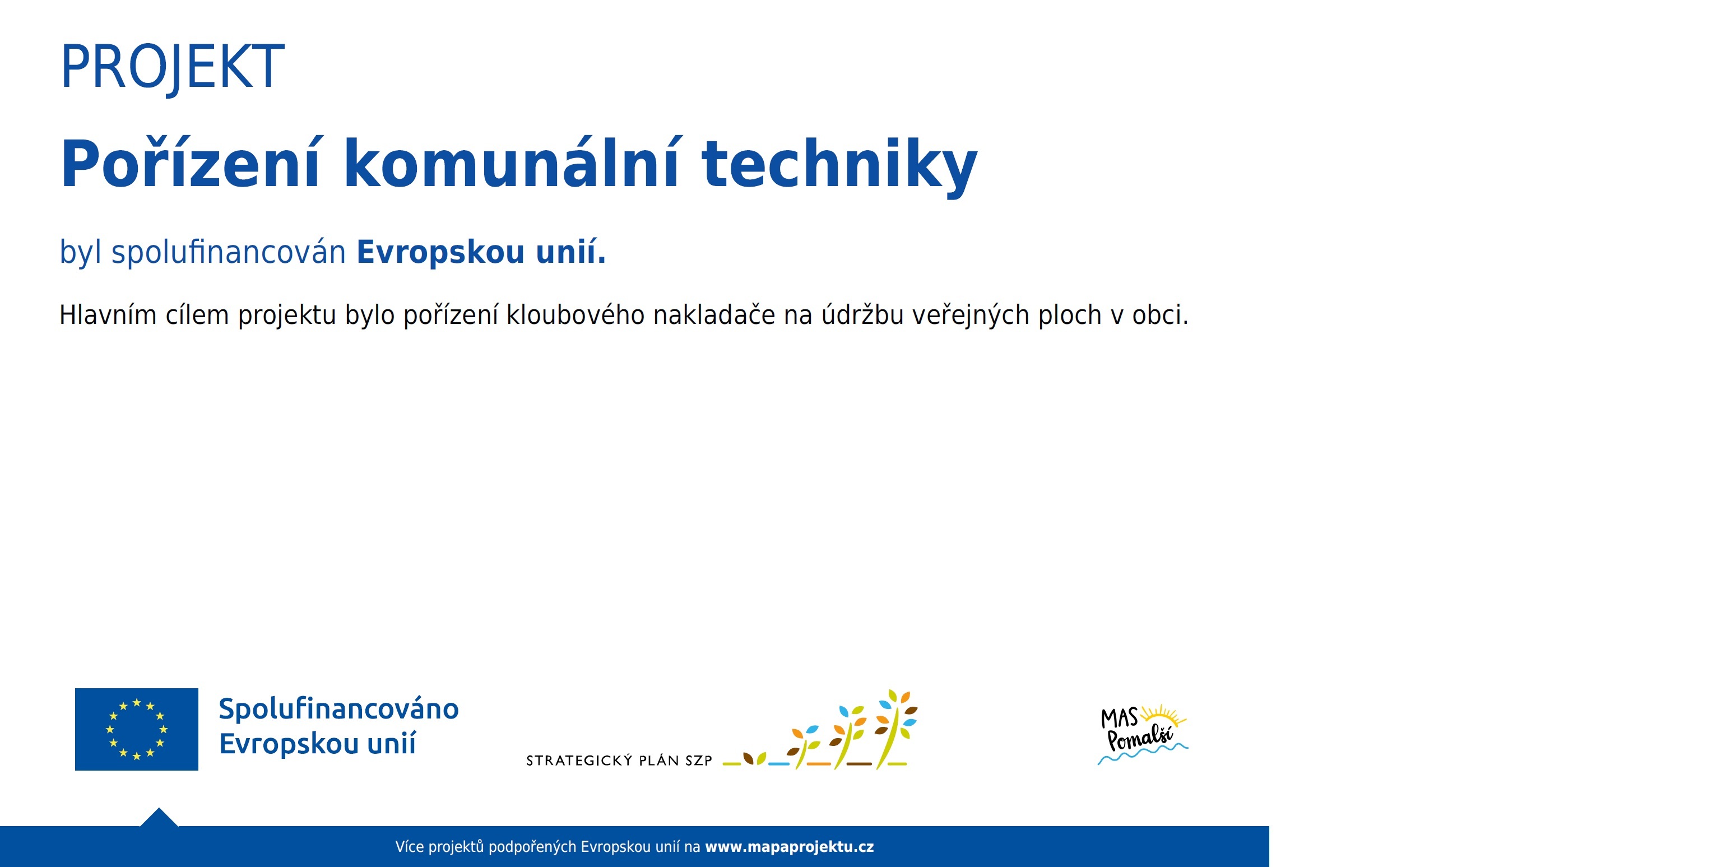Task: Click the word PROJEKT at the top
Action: (172, 67)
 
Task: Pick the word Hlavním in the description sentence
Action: (108, 315)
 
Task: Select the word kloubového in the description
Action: (575, 315)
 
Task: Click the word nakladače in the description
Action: (714, 315)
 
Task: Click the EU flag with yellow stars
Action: (137, 729)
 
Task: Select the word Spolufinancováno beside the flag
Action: (338, 709)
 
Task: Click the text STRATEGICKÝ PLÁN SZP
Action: (619, 761)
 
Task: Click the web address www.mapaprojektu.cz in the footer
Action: (789, 847)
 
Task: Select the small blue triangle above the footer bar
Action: (159, 818)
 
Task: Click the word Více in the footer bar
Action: (409, 847)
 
